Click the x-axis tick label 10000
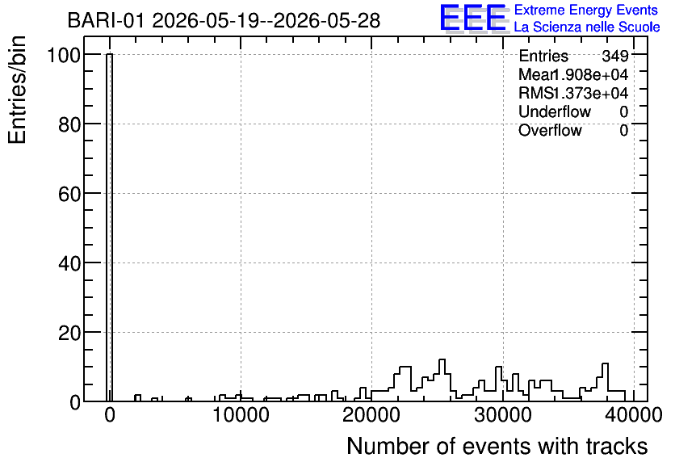coord(241,416)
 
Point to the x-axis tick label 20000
coord(371,416)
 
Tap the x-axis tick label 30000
coord(503,416)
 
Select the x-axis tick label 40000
coord(633,416)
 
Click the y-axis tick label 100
coord(64,55)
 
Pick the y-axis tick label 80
coord(69,124)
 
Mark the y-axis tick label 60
coord(69,194)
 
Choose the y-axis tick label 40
coord(69,263)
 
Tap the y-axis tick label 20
coord(69,333)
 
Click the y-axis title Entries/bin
coord(17,90)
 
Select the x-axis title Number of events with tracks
coord(497,446)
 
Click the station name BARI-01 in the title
coord(106,20)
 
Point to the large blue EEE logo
coord(473,18)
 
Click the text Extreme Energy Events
coord(586,10)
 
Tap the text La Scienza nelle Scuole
coord(587,27)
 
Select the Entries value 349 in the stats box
coord(615,56)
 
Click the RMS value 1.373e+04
coord(589,93)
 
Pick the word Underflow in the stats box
coord(555,111)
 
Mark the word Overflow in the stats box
coord(550,130)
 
